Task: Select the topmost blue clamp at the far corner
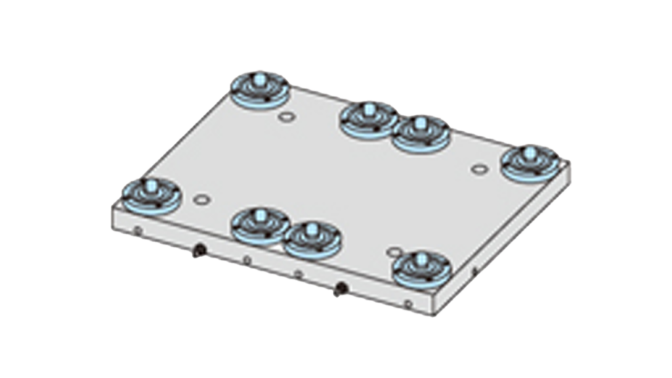coord(260,89)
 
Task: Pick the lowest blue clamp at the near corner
coord(421,268)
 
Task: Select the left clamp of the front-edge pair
coord(260,224)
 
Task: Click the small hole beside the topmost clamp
coord(285,118)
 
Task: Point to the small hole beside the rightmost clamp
coord(478,169)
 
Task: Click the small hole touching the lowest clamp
coord(394,252)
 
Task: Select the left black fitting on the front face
coord(198,250)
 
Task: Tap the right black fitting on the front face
coord(341,287)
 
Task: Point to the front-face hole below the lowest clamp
coord(408,303)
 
